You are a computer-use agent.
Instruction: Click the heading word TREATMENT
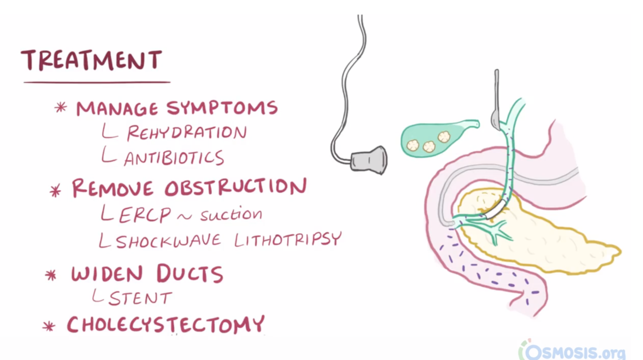click(x=92, y=60)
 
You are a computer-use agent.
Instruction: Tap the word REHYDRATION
click(x=187, y=133)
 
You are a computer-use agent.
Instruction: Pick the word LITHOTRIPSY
click(x=288, y=239)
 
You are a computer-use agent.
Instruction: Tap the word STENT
click(x=140, y=298)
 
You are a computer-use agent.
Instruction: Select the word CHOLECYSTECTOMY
click(x=166, y=324)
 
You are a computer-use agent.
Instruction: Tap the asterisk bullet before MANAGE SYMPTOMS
click(x=61, y=107)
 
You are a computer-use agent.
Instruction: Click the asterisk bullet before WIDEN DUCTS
click(x=51, y=275)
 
